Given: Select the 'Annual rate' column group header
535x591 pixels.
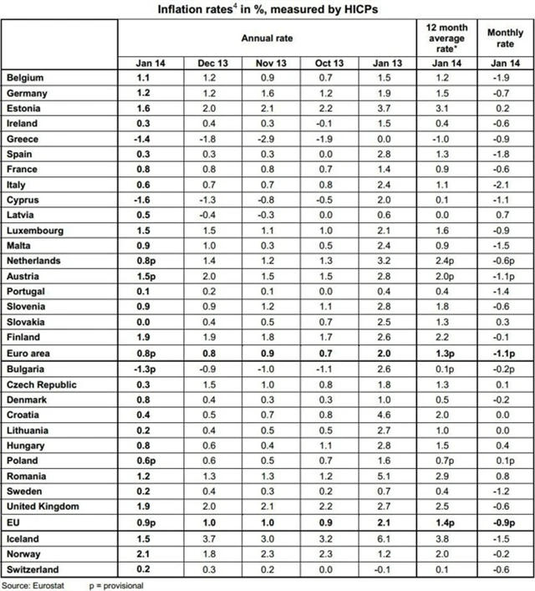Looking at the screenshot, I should (267, 38).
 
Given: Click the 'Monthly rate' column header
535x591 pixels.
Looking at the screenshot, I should (504, 38).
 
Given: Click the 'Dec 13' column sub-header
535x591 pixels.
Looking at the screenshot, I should (205, 63).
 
